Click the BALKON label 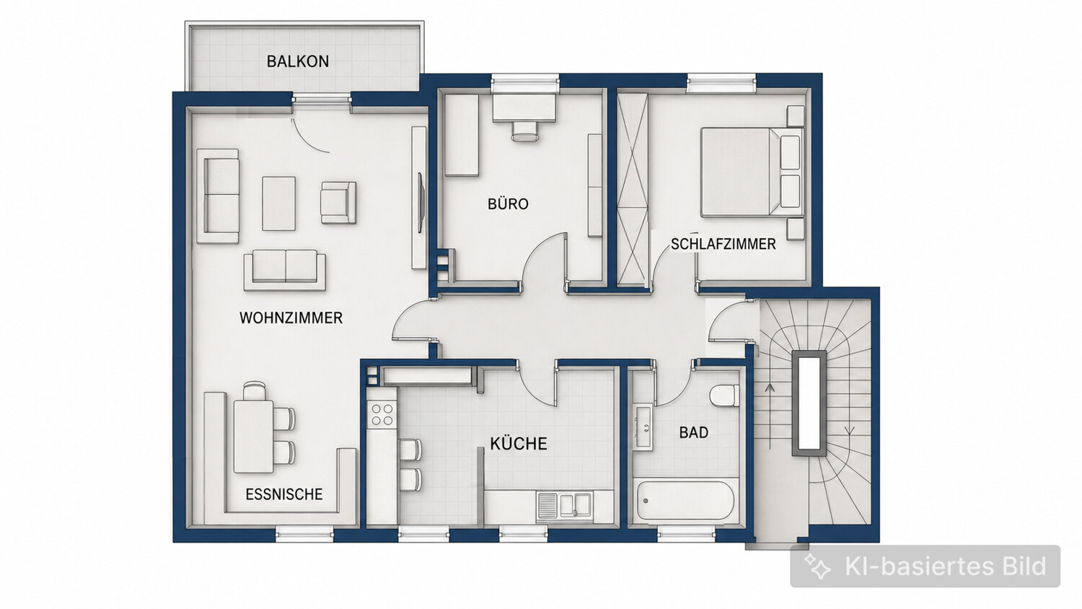coord(297,61)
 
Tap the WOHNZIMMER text coord(291,317)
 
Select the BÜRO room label coord(508,204)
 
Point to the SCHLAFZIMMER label coord(723,244)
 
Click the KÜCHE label coord(519,443)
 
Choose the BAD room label coord(694,432)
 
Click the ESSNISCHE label coord(284,494)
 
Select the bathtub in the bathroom coord(685,500)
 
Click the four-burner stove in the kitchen coord(382,415)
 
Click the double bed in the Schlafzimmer coord(752,172)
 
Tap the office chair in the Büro coord(524,131)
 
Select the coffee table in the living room coord(278,203)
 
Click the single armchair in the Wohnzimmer coord(338,203)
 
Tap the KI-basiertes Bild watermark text coord(945,566)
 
